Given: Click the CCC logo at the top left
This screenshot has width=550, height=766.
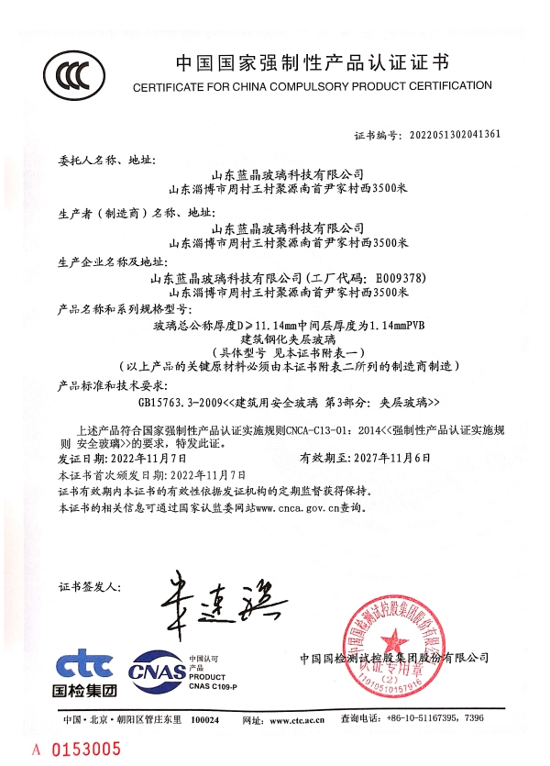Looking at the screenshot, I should point(72,73).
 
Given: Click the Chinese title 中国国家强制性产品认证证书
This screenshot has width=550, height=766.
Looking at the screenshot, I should point(312,63).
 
